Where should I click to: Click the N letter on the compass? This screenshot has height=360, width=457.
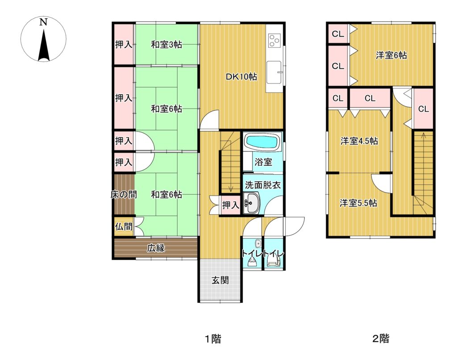[x=43, y=22]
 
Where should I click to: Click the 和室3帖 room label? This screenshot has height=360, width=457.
[x=166, y=45]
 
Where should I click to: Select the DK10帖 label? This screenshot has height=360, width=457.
[x=241, y=77]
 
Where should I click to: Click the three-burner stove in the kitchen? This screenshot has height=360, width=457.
[x=274, y=40]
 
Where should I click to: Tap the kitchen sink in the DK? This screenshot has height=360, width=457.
[x=274, y=72]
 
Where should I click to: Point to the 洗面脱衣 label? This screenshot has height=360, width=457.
[x=262, y=185]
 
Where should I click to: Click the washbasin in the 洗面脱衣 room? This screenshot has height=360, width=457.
[x=251, y=203]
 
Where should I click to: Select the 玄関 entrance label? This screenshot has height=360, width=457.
[x=220, y=280]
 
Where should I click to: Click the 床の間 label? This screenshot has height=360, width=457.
[x=124, y=194]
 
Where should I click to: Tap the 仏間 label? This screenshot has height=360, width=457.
[x=124, y=226]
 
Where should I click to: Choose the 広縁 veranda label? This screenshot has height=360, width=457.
[x=156, y=248]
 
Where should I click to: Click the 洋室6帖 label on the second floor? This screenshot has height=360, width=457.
[x=391, y=55]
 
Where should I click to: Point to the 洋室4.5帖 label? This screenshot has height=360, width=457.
[x=359, y=141]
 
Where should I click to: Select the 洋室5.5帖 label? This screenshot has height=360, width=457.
[x=358, y=203]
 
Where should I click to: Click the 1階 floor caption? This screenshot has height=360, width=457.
[x=213, y=339]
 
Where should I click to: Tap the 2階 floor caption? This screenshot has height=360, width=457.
[x=381, y=339]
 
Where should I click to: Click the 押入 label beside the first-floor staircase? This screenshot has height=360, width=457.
[x=231, y=205]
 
